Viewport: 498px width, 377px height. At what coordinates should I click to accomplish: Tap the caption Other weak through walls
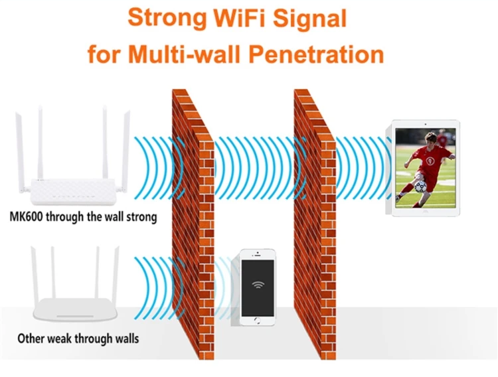(x=78, y=339)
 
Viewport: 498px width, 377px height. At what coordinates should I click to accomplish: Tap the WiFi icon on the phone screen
(x=257, y=285)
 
